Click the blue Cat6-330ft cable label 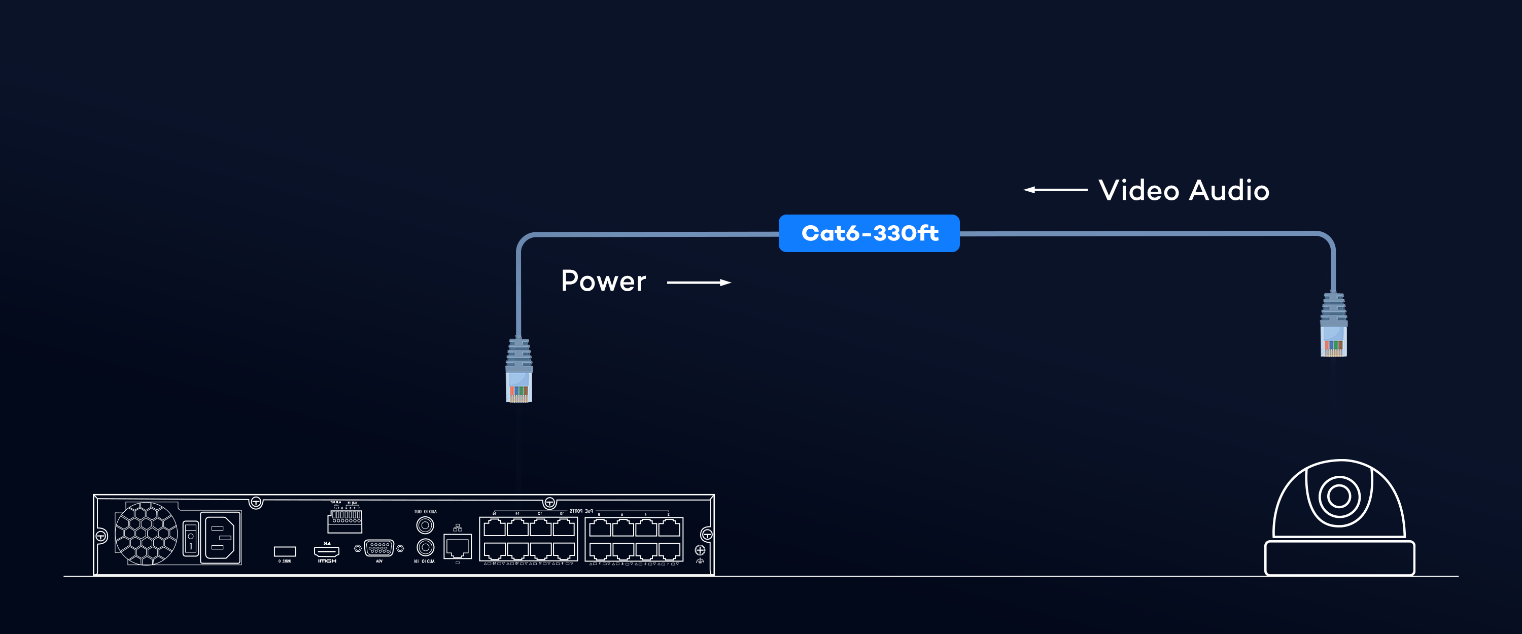[x=869, y=233]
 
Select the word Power [x=603, y=281]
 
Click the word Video [x=1138, y=190]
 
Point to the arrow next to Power [x=699, y=283]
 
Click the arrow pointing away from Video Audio [x=1055, y=190]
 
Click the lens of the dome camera [x=1339, y=496]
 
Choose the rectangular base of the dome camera [x=1339, y=558]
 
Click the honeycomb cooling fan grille [x=145, y=534]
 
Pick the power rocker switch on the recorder [x=190, y=538]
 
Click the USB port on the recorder [x=285, y=551]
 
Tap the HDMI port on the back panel [x=326, y=551]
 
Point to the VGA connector [x=379, y=548]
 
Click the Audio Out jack [x=425, y=524]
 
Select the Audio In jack [x=425, y=547]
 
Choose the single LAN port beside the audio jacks [x=457, y=547]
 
